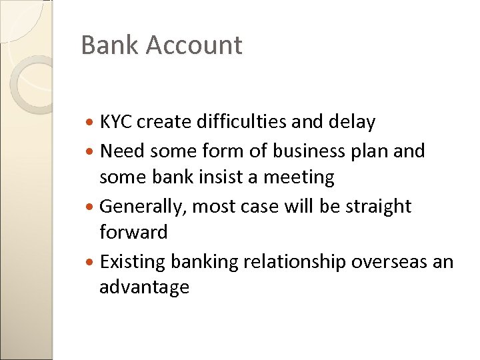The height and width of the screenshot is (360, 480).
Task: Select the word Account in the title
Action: click(193, 45)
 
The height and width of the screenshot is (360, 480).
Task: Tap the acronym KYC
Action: click(116, 122)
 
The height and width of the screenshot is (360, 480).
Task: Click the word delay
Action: click(352, 122)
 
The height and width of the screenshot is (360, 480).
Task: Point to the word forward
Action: click(133, 232)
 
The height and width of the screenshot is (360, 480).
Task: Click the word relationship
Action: click(293, 262)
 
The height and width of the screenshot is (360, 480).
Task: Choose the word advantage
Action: click(144, 287)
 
